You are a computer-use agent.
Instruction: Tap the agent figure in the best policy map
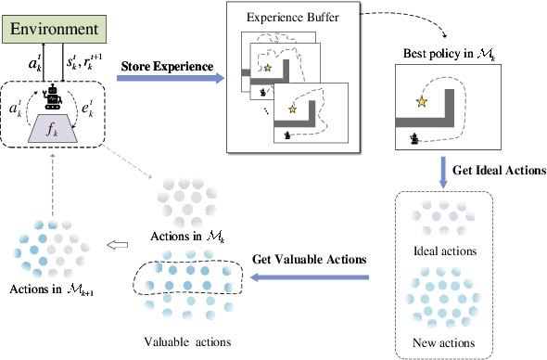pos(413,138)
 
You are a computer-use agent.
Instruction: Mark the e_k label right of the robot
pos(90,108)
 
